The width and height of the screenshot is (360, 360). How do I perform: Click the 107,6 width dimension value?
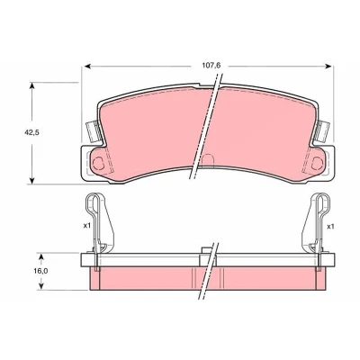click(211, 66)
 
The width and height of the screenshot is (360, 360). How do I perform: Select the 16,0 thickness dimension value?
click(40, 271)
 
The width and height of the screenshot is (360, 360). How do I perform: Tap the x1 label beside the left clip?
click(86, 225)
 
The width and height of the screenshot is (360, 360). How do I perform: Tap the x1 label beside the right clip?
click(330, 226)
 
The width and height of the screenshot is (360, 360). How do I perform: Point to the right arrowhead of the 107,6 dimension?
click(328, 67)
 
